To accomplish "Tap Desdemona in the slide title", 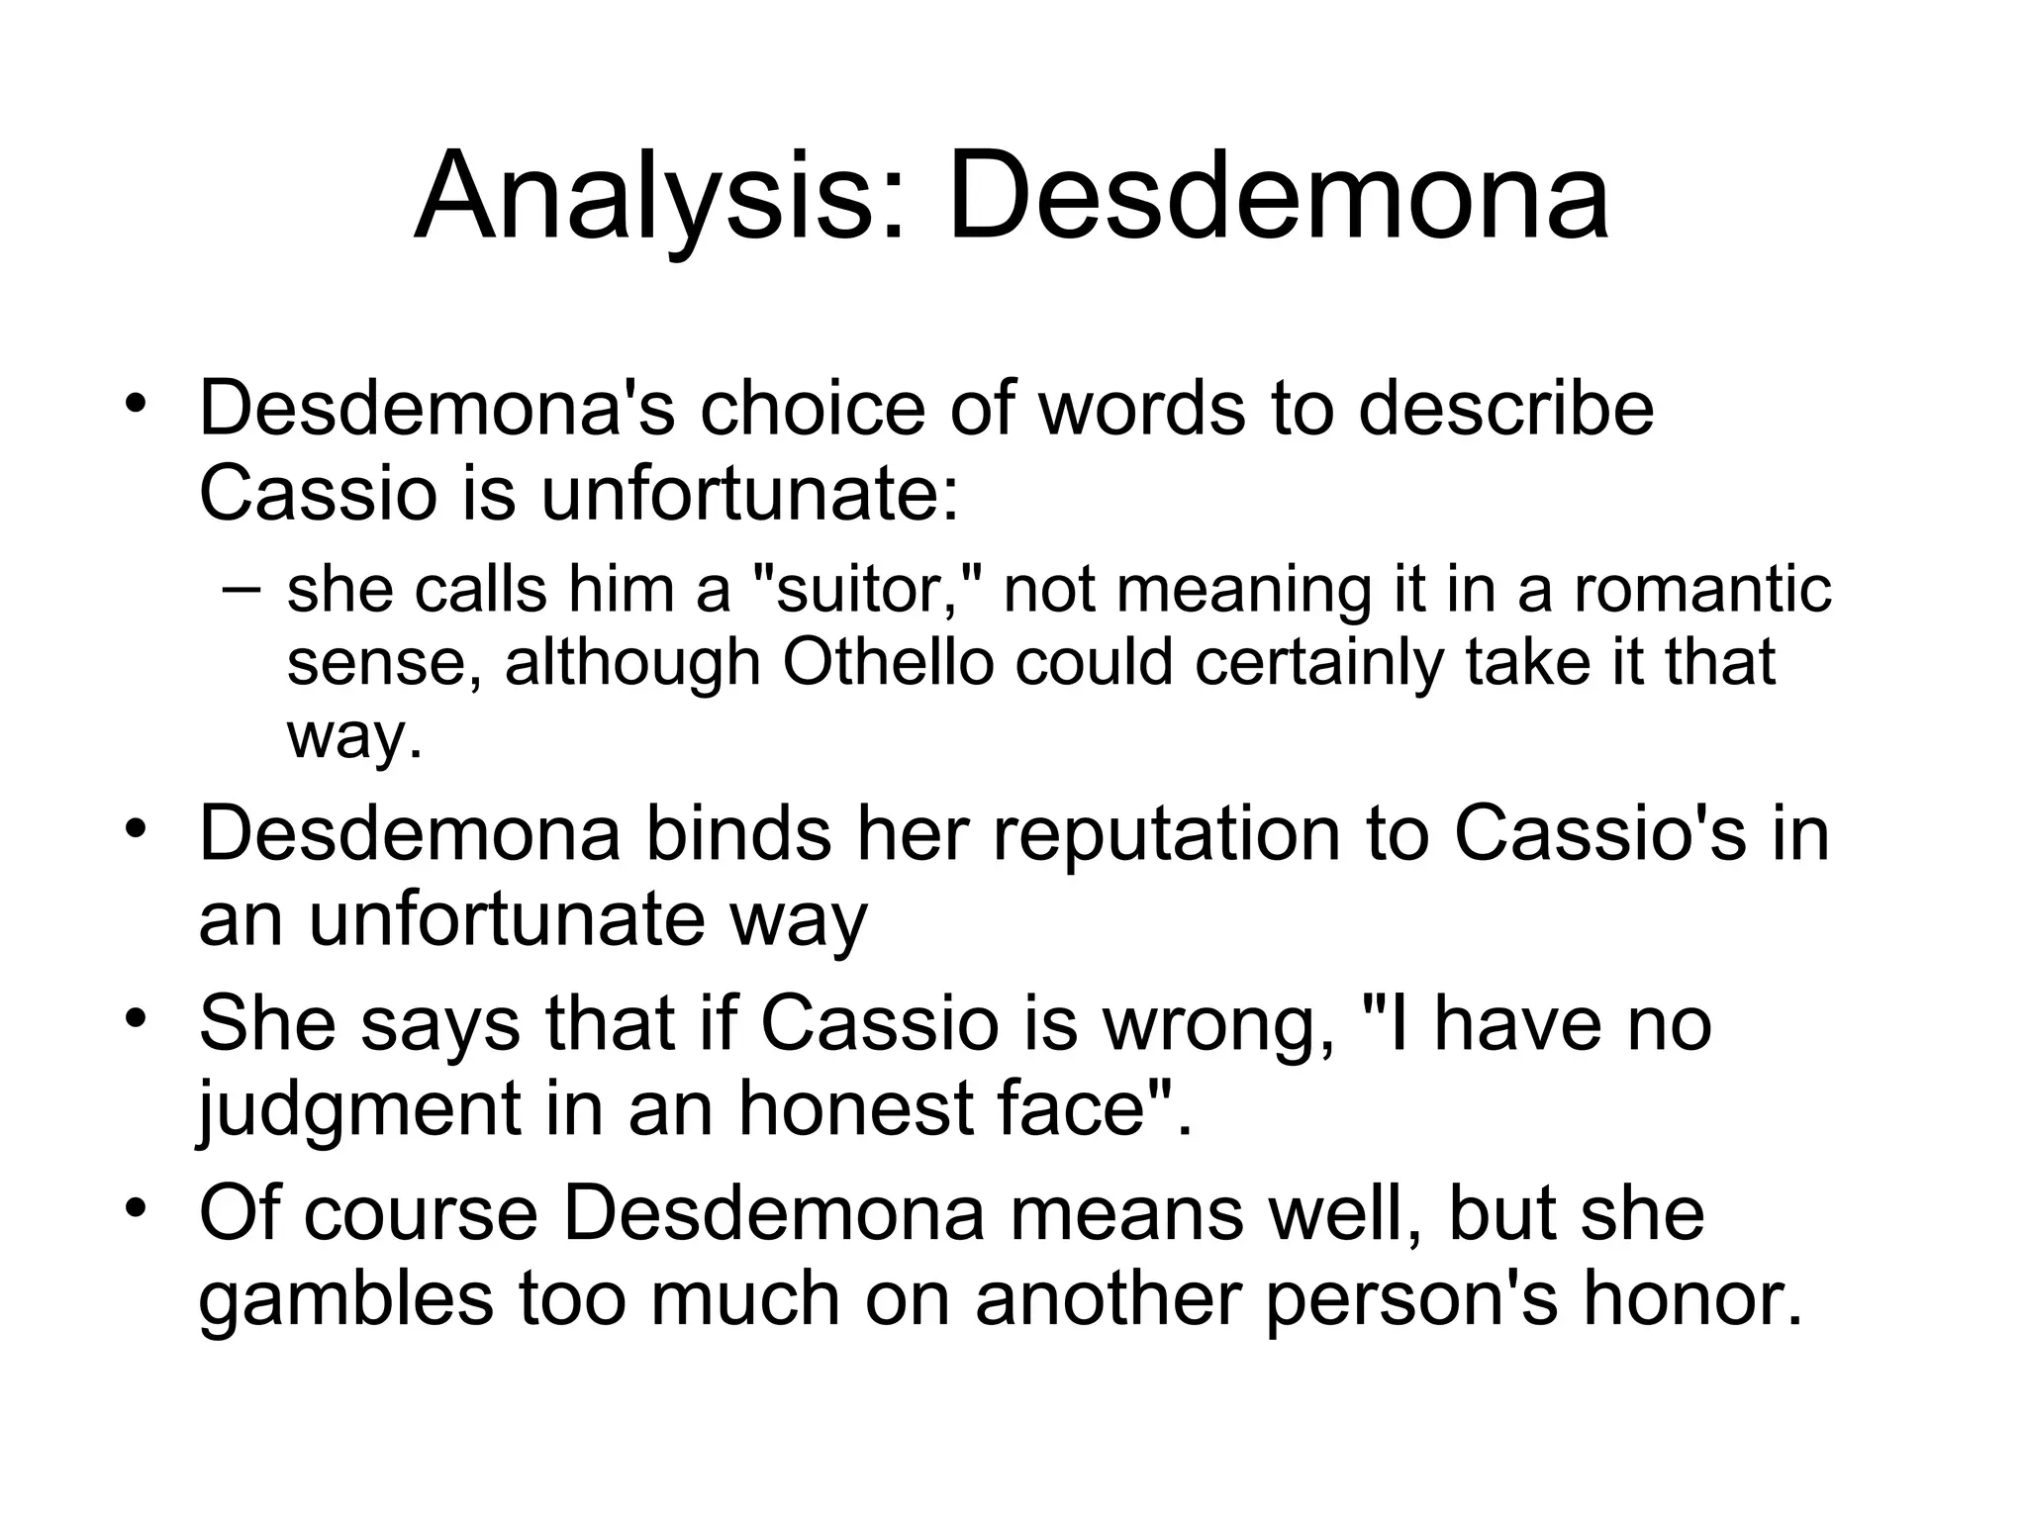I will pos(1278,197).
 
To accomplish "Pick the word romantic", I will pos(1702,590).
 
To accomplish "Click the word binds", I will pos(738,834).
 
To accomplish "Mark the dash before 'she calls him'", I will pos(241,590).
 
